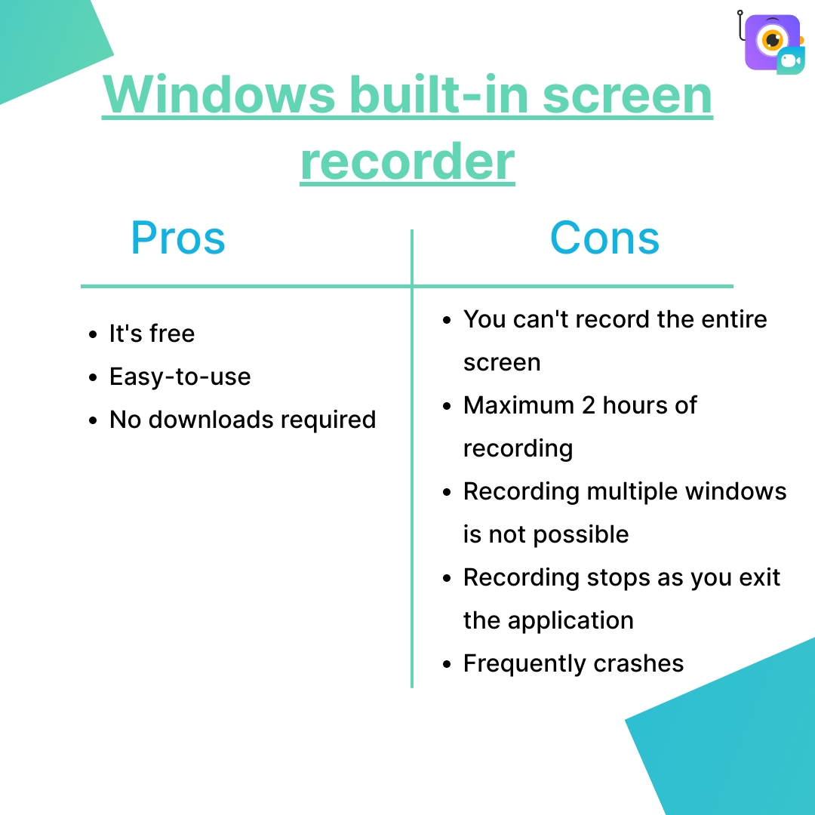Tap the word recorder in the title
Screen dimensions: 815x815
(x=407, y=161)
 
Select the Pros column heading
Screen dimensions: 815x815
(x=178, y=238)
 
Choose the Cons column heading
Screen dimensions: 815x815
(x=604, y=238)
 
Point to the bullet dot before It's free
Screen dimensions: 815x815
(x=93, y=334)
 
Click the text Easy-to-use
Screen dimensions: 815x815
(x=180, y=377)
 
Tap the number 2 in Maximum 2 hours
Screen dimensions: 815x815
(x=589, y=405)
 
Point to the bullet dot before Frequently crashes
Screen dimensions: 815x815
(x=447, y=664)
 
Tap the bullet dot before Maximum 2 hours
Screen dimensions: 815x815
(x=447, y=406)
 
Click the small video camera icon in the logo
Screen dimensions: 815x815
(x=789, y=61)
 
